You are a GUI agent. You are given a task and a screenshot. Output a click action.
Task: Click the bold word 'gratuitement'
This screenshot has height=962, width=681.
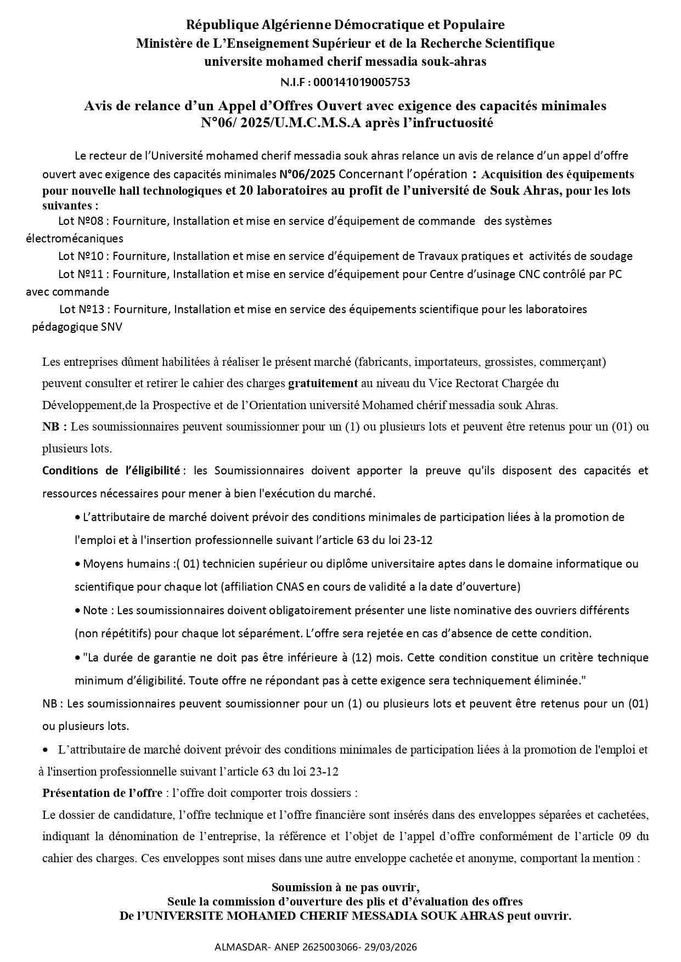(323, 383)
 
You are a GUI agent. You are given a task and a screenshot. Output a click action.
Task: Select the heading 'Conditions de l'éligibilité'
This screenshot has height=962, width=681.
(111, 471)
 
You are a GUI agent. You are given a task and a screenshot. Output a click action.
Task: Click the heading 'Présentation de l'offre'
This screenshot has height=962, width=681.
(102, 793)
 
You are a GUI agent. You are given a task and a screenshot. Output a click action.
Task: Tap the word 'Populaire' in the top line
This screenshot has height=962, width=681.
(477, 25)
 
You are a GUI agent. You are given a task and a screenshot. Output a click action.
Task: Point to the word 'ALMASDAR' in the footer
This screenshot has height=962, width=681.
(238, 947)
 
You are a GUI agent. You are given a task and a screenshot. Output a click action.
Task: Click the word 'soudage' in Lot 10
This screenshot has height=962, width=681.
(613, 256)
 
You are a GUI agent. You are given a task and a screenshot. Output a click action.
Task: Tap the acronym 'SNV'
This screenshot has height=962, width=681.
(111, 327)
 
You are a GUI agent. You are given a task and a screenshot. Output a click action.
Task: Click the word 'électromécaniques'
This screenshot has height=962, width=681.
(75, 239)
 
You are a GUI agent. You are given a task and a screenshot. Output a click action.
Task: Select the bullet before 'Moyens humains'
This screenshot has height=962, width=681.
(77, 564)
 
